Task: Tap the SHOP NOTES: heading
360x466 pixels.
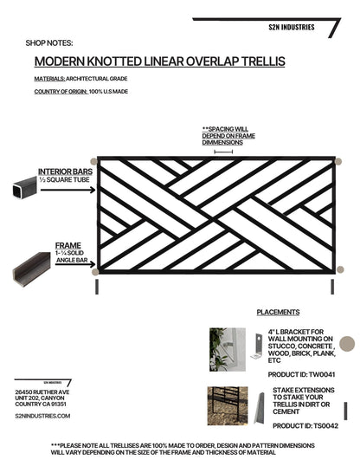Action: pos(49,42)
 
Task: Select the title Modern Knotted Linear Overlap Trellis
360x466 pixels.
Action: pos(158,62)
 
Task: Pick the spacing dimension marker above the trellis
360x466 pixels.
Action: pos(222,152)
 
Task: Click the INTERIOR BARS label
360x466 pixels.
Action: pos(66,172)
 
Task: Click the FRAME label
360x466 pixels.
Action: pos(67,245)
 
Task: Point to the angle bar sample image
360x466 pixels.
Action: pos(31,269)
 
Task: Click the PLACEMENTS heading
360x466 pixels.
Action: pos(278,312)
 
